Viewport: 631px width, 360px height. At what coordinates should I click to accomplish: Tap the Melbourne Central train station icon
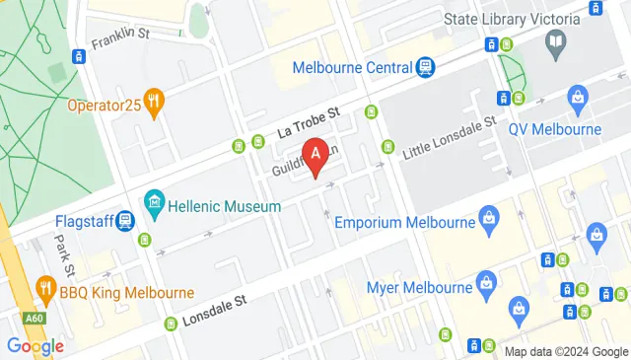426,67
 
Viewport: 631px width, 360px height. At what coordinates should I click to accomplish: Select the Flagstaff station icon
126,222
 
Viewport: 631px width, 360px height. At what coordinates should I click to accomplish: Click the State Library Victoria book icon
556,43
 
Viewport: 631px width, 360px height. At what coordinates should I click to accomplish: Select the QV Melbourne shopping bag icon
578,98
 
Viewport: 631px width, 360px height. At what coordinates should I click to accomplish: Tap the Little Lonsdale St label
449,137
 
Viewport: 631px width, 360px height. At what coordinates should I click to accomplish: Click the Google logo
35,346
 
